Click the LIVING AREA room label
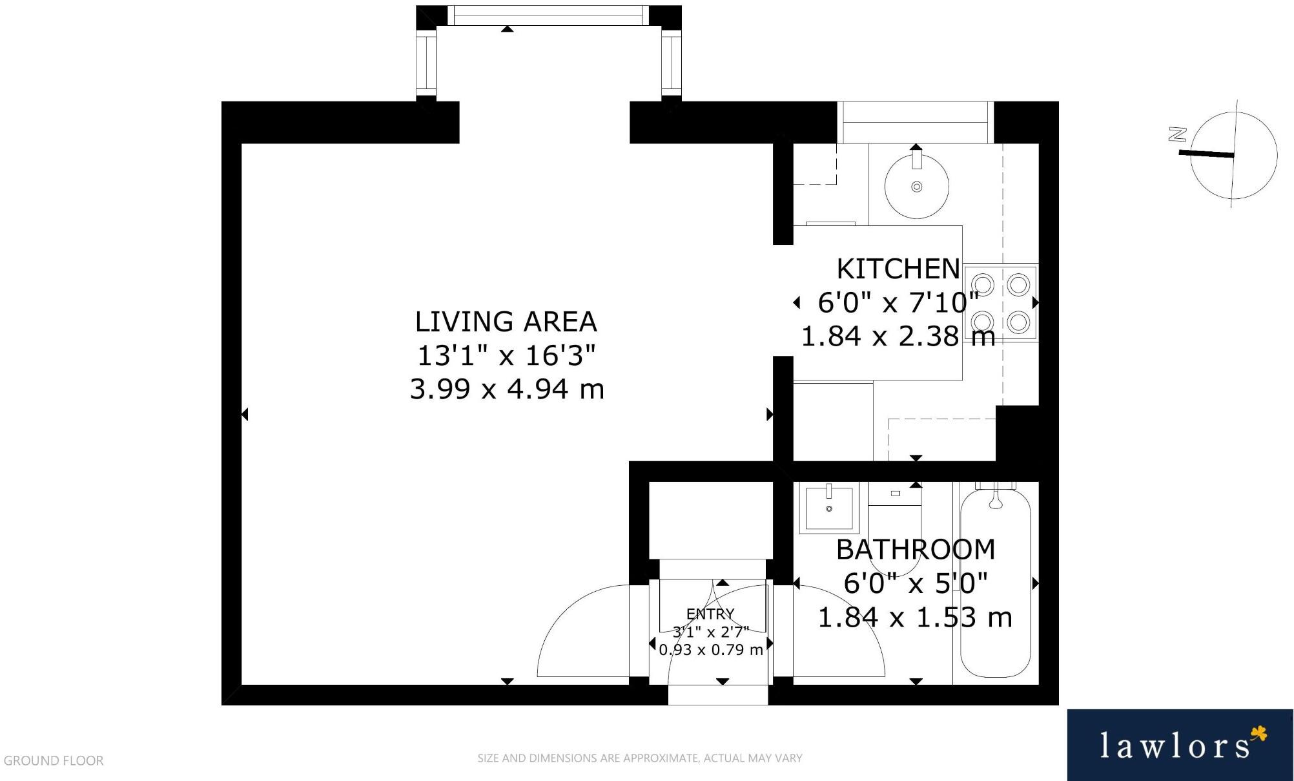[506, 321]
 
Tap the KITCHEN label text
[898, 268]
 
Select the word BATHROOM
[916, 549]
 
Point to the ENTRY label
[710, 614]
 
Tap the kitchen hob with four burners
[1001, 302]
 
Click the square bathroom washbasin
[829, 508]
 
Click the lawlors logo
[1180, 745]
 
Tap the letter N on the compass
[1178, 135]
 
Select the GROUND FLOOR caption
[54, 760]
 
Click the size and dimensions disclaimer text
[639, 758]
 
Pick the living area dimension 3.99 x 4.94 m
[507, 389]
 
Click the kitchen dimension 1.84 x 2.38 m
[898, 336]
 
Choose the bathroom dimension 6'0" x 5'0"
[916, 583]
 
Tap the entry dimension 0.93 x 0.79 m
[711, 649]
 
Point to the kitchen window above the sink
[916, 122]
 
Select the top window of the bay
[548, 16]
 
